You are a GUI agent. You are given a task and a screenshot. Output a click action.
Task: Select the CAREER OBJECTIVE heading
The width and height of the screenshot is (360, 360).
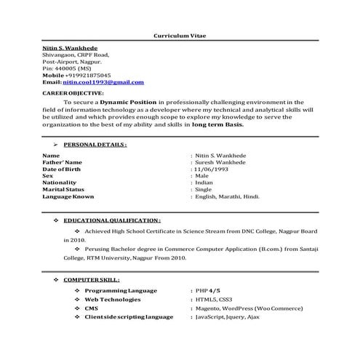[73, 94]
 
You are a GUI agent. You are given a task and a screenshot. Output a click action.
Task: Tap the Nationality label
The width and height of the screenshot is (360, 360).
[60, 183]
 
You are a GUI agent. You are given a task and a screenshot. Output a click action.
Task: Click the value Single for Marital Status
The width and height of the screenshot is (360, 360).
[204, 189]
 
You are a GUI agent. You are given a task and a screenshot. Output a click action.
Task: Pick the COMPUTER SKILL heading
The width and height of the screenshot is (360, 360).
[92, 279]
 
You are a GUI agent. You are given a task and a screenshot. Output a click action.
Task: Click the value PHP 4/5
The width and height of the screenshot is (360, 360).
[209, 289]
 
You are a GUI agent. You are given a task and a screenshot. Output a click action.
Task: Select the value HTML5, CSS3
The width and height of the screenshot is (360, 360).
[213, 299]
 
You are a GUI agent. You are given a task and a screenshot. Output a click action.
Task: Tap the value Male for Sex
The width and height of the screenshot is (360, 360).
[202, 175]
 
